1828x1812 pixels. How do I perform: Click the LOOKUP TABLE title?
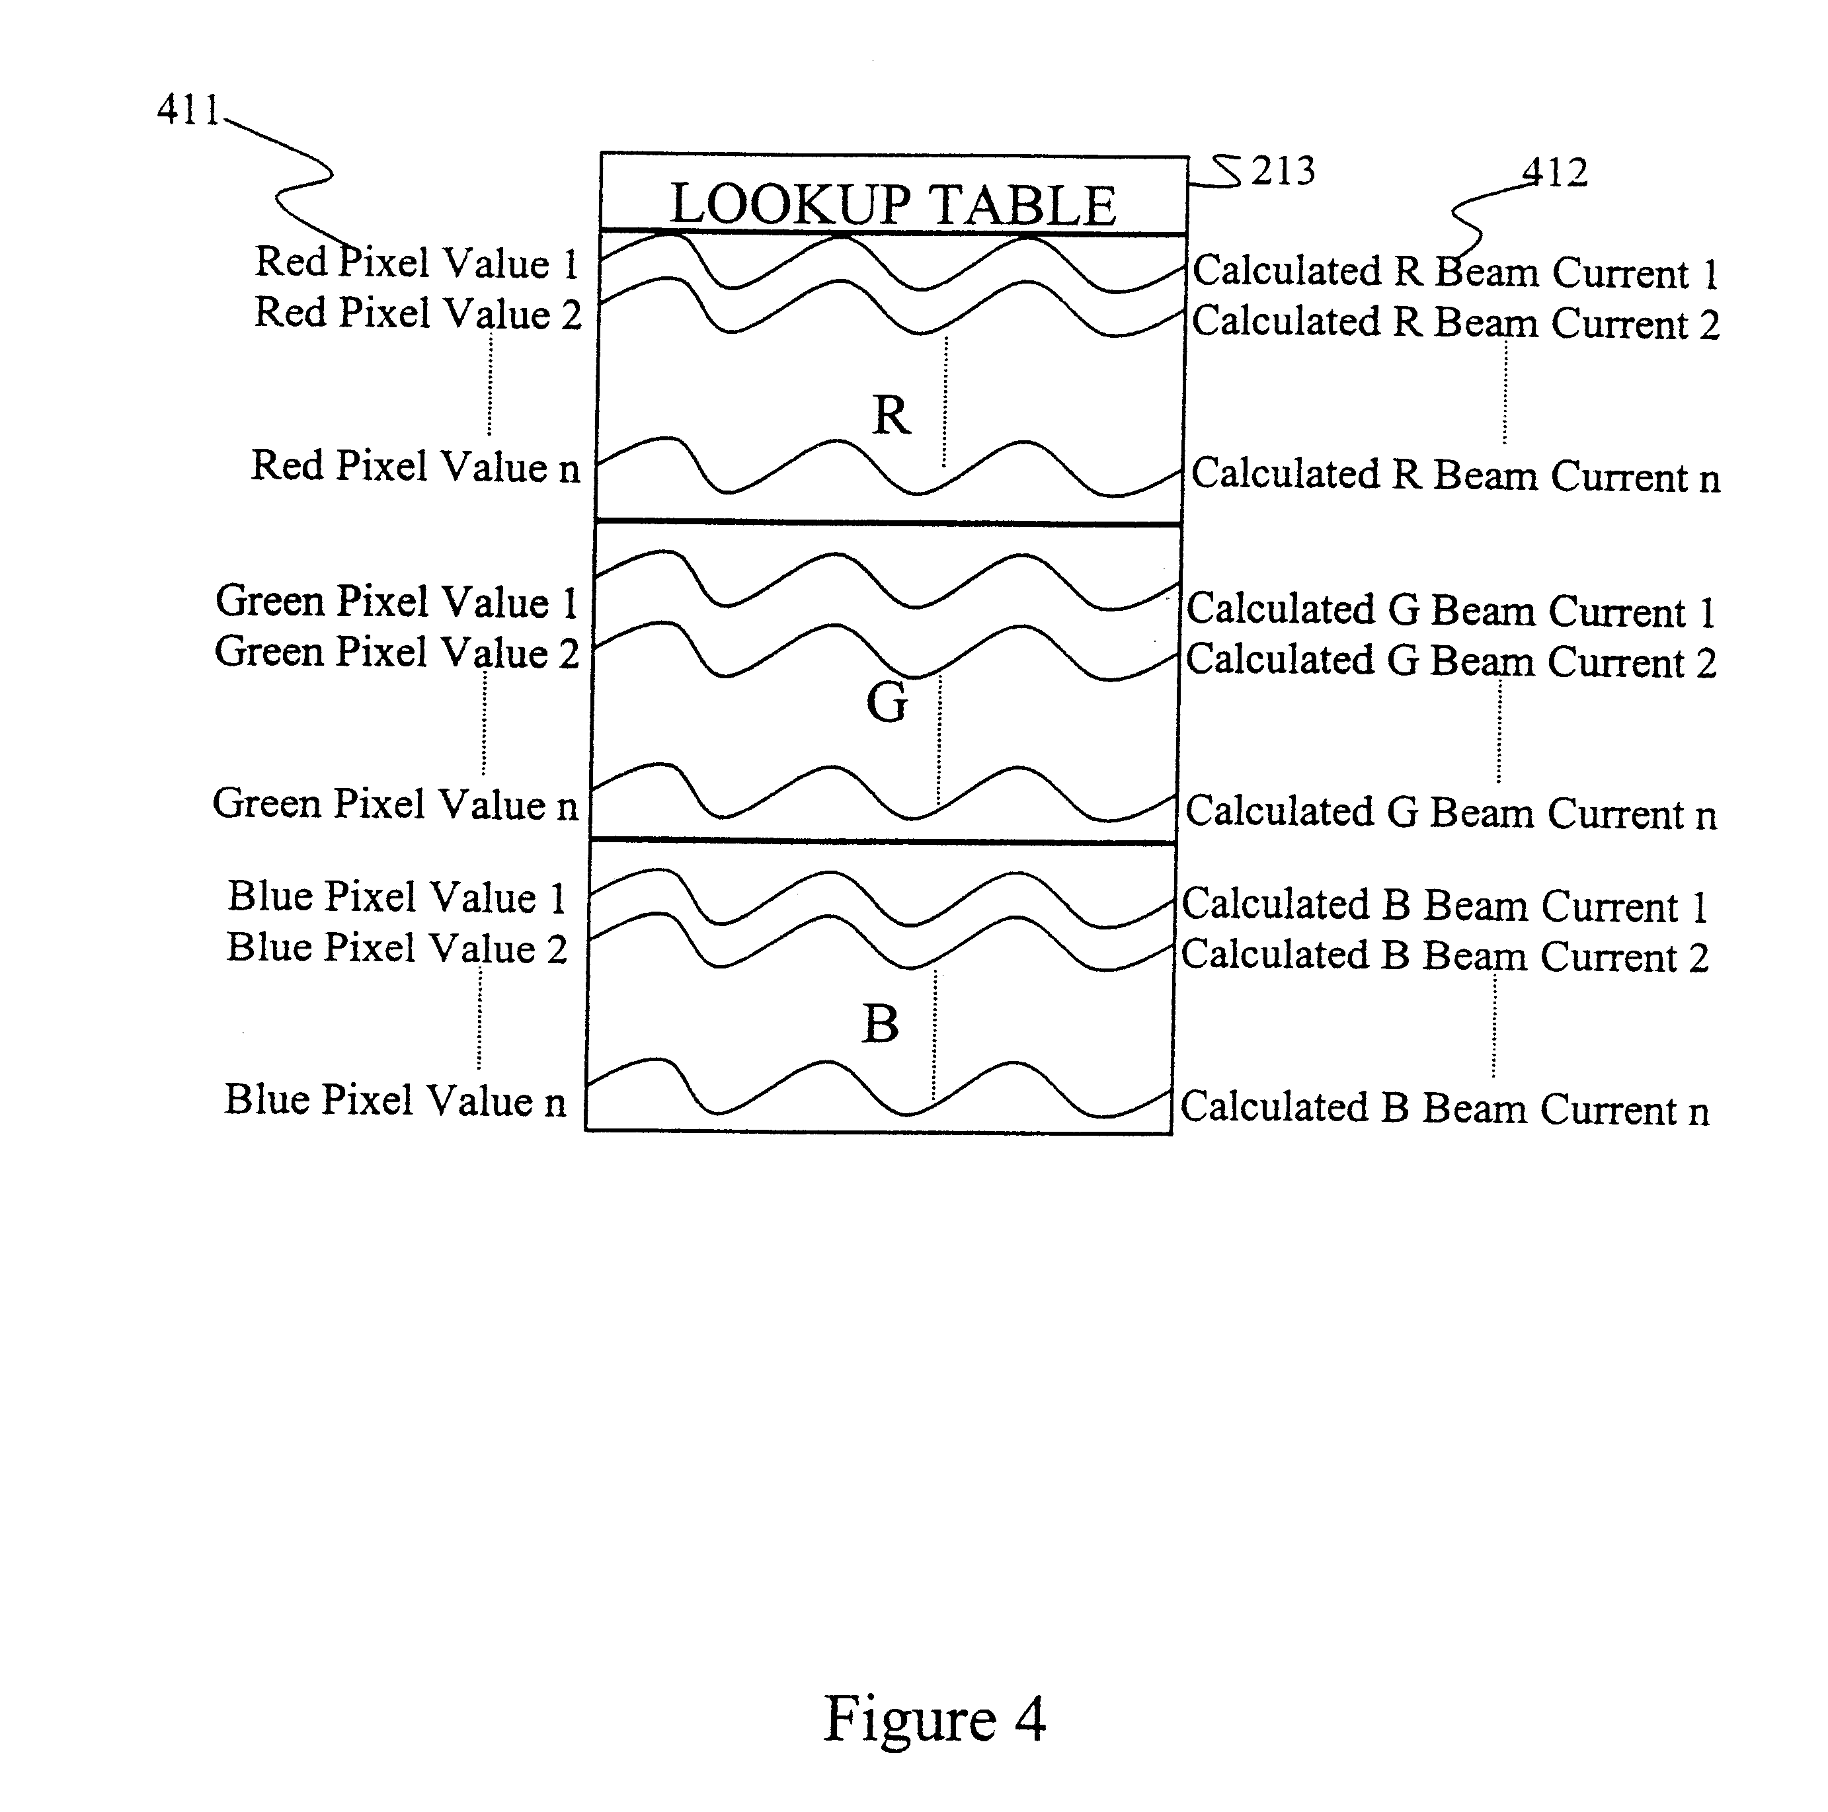[x=893, y=204]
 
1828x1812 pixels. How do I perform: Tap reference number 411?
[x=188, y=110]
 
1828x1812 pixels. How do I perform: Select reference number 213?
[x=1283, y=171]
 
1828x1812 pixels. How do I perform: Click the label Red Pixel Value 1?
[x=417, y=262]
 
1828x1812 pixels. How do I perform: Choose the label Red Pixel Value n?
[x=415, y=465]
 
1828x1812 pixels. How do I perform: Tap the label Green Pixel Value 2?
[x=397, y=652]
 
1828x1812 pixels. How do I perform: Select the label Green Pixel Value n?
[x=395, y=803]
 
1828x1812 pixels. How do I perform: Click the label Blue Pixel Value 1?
[x=397, y=896]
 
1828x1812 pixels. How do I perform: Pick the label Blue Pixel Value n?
[x=395, y=1099]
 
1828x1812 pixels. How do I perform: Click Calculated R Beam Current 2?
[x=1455, y=323]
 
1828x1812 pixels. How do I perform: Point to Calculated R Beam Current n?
[x=1455, y=475]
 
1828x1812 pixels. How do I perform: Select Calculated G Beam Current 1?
[x=1450, y=610]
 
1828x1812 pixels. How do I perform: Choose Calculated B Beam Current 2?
[x=1445, y=956]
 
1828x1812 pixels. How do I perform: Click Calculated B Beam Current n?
[x=1445, y=1108]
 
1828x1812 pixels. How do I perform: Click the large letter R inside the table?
[x=891, y=414]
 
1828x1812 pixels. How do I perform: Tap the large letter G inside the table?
[x=887, y=702]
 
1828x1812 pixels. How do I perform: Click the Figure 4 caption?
[x=935, y=1717]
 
